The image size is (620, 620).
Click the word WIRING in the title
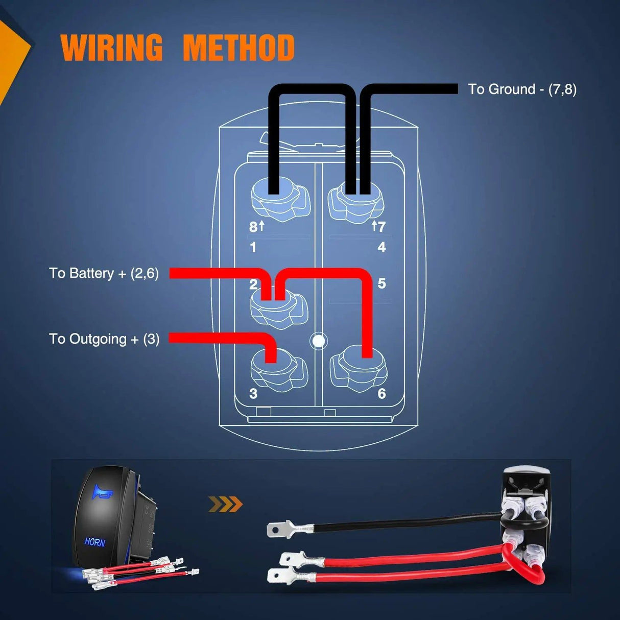(111, 47)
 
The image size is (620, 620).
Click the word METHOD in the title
(239, 47)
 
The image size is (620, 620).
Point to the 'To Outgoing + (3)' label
(104, 339)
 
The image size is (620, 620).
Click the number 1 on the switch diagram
(253, 248)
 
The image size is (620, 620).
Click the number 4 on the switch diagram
(381, 247)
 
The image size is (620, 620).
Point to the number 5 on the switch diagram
(381, 283)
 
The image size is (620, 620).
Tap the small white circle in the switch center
(319, 341)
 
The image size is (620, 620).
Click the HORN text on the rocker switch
(95, 542)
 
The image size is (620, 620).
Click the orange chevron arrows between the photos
(225, 505)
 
